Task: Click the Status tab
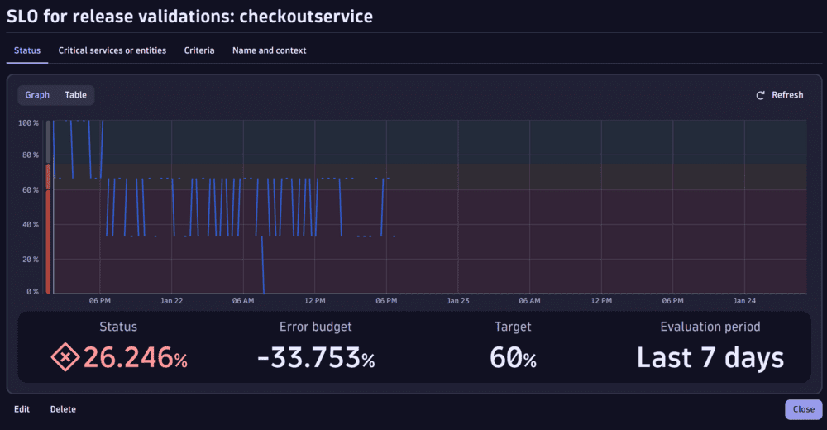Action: click(x=27, y=50)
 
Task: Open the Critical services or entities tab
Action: click(x=112, y=50)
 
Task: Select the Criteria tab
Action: click(x=199, y=50)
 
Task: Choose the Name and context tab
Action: click(x=269, y=50)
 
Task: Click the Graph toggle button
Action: click(x=37, y=95)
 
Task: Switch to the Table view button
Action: click(x=76, y=95)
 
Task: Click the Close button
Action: click(x=803, y=409)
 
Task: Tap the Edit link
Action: click(x=22, y=409)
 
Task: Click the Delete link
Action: click(x=63, y=409)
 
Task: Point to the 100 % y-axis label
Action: click(x=29, y=123)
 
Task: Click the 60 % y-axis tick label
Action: click(x=31, y=190)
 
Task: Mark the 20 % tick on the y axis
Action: click(x=31, y=260)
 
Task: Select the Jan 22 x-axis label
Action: click(x=171, y=301)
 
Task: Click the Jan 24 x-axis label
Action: click(x=744, y=301)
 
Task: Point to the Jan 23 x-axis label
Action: click(x=457, y=301)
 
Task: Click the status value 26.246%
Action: click(x=135, y=358)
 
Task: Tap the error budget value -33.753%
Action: click(x=316, y=358)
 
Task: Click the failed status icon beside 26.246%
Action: click(x=65, y=358)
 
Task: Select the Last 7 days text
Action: click(x=710, y=358)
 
